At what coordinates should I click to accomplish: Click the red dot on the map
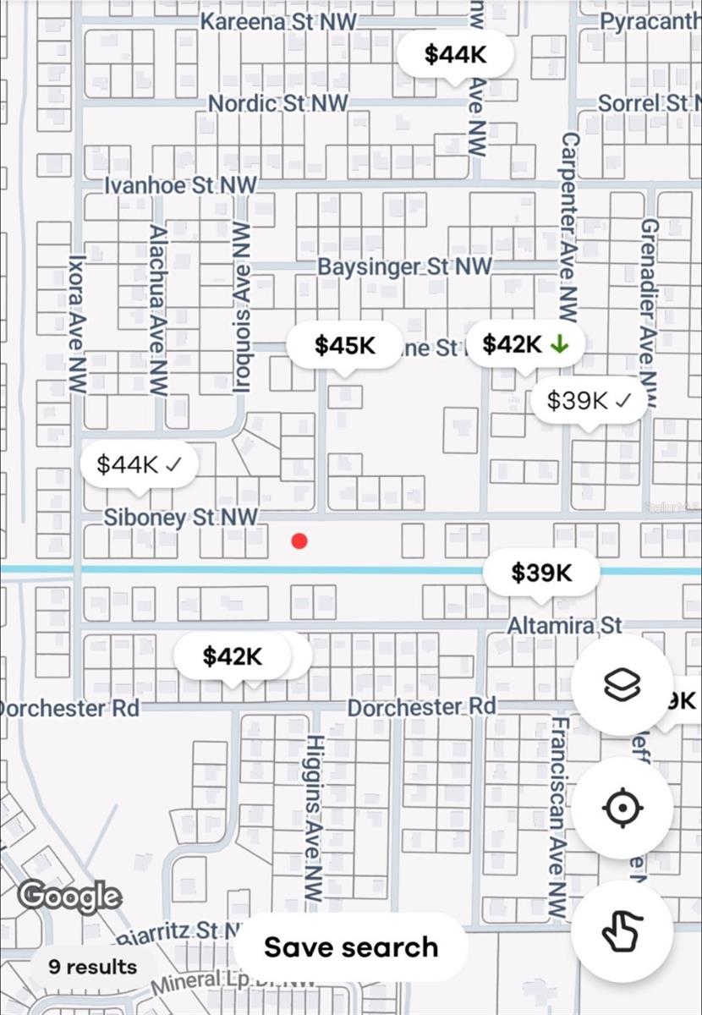299,541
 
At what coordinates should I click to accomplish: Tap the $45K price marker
345,345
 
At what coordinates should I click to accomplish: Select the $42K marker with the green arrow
524,344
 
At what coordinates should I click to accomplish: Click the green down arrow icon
558,344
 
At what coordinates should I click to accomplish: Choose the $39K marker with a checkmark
589,401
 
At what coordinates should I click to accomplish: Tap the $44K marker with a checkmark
140,464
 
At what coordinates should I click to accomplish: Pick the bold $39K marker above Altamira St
541,573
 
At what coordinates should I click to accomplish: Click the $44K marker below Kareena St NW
456,55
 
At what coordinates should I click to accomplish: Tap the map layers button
622,685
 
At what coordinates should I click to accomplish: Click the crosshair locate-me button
622,808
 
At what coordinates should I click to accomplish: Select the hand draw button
622,930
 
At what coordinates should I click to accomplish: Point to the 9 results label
92,967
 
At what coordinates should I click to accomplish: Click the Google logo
69,897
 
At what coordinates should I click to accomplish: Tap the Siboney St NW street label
180,517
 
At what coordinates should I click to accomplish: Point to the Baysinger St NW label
404,266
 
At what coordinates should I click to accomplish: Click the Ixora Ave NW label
78,325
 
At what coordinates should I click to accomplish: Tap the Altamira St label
564,626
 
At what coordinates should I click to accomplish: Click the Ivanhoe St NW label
180,185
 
